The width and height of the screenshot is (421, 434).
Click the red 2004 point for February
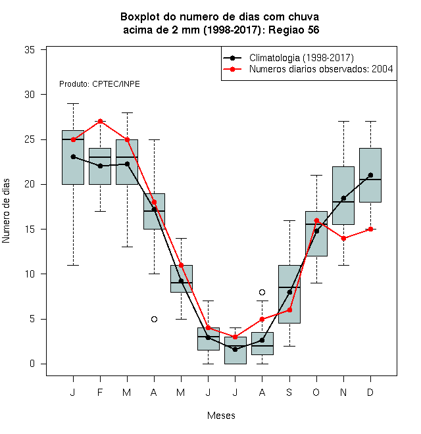[100, 121]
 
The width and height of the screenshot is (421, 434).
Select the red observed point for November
[344, 238]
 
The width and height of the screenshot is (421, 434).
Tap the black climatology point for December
[370, 175]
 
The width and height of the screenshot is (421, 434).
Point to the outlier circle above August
[262, 292]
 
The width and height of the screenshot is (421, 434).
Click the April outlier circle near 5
[155, 320]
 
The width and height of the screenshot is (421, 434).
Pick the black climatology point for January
[74, 157]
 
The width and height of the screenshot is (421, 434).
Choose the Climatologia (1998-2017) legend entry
[289, 58]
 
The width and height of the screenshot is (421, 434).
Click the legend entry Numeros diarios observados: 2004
[309, 69]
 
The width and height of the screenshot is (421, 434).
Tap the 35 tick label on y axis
[30, 50]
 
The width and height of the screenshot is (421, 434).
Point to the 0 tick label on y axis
[32, 364]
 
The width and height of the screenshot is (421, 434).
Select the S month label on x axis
[289, 392]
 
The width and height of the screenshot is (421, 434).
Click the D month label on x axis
[370, 392]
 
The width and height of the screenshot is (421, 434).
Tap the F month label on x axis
[100, 392]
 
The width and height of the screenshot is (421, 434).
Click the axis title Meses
[221, 416]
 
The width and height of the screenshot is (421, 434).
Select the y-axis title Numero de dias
[6, 211]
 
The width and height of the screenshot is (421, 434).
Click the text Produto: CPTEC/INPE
[99, 84]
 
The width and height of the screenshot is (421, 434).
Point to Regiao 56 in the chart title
[294, 30]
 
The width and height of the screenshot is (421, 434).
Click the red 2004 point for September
[289, 310]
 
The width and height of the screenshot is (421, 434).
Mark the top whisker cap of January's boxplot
[74, 103]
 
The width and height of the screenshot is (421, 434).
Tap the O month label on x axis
[316, 392]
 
